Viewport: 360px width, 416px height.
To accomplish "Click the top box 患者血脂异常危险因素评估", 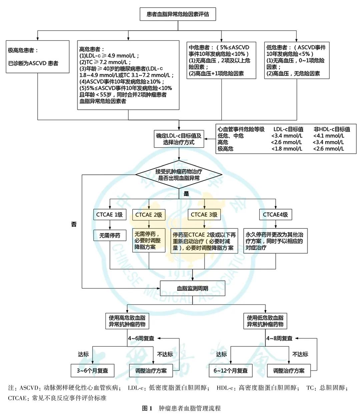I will (178, 14).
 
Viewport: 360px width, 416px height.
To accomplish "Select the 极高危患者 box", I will (37, 57).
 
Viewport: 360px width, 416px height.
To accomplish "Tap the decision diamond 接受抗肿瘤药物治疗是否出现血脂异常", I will (179, 175).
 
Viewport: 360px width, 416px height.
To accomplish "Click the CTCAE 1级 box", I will (109, 215).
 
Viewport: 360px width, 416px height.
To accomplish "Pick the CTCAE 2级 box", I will (149, 215).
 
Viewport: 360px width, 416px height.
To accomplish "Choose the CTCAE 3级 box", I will (204, 215).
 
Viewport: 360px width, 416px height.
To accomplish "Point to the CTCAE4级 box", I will (275, 215).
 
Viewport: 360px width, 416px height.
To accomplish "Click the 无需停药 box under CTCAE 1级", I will (109, 235).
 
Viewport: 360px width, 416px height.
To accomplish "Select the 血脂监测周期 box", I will (192, 288).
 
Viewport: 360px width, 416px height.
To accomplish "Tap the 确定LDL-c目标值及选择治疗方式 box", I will (179, 139).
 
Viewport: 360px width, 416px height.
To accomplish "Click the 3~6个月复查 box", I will (92, 370).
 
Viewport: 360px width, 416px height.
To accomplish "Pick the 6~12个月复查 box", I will (231, 370).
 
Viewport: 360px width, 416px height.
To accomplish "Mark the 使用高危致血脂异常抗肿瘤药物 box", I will (127, 321).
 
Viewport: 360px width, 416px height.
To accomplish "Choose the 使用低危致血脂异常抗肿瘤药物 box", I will (265, 321).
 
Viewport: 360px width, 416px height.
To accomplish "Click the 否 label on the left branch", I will (74, 224).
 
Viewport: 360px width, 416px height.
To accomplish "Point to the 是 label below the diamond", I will (186, 194).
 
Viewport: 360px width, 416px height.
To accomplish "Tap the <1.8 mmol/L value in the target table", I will (287, 149).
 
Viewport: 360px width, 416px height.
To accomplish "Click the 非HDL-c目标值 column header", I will (331, 129).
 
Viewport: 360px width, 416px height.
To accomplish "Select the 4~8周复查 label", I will (279, 338).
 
